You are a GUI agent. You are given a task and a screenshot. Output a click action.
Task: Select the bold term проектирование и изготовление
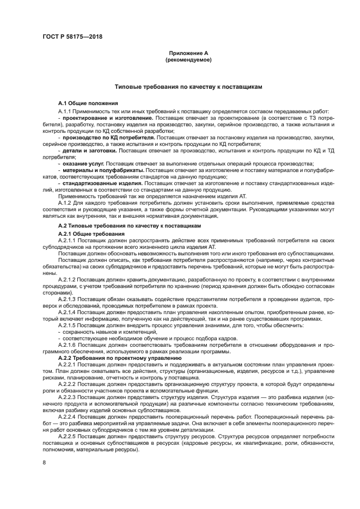coord(108,118)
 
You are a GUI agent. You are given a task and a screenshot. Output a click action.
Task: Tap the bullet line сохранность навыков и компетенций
coord(100,332)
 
